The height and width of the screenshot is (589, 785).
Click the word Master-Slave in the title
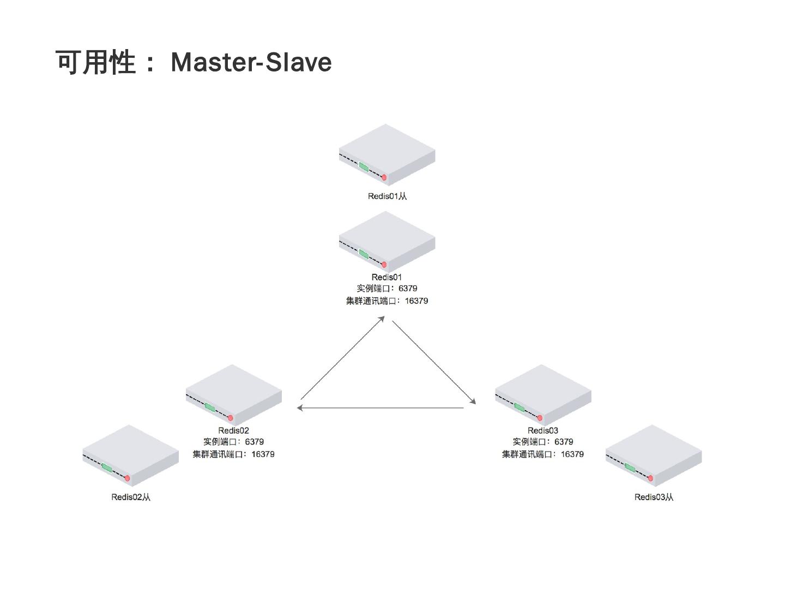(x=251, y=62)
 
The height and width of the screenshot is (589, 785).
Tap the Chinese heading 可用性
(x=95, y=62)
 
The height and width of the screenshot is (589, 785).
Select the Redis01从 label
(x=387, y=196)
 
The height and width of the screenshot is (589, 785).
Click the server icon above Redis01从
(x=387, y=154)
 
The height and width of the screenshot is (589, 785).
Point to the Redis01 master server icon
(x=387, y=242)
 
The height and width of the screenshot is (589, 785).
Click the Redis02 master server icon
(x=234, y=395)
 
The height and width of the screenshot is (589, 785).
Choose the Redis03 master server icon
(x=543, y=395)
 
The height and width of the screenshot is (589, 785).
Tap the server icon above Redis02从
(x=131, y=455)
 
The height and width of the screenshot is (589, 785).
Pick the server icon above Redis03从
(x=654, y=455)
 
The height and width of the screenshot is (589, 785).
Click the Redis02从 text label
(x=131, y=497)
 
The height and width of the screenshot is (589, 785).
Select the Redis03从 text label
(x=654, y=497)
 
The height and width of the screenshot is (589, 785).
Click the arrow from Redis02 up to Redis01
(x=342, y=358)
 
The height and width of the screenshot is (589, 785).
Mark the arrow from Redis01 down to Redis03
(x=434, y=362)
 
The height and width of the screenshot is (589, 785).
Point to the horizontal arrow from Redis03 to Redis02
(x=381, y=407)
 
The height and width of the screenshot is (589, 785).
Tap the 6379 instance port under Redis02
(x=254, y=442)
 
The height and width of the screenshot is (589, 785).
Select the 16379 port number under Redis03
(x=572, y=454)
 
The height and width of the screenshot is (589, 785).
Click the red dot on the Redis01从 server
(x=384, y=177)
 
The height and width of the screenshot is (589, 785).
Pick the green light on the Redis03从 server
(x=630, y=467)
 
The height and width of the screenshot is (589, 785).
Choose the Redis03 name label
(x=543, y=430)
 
